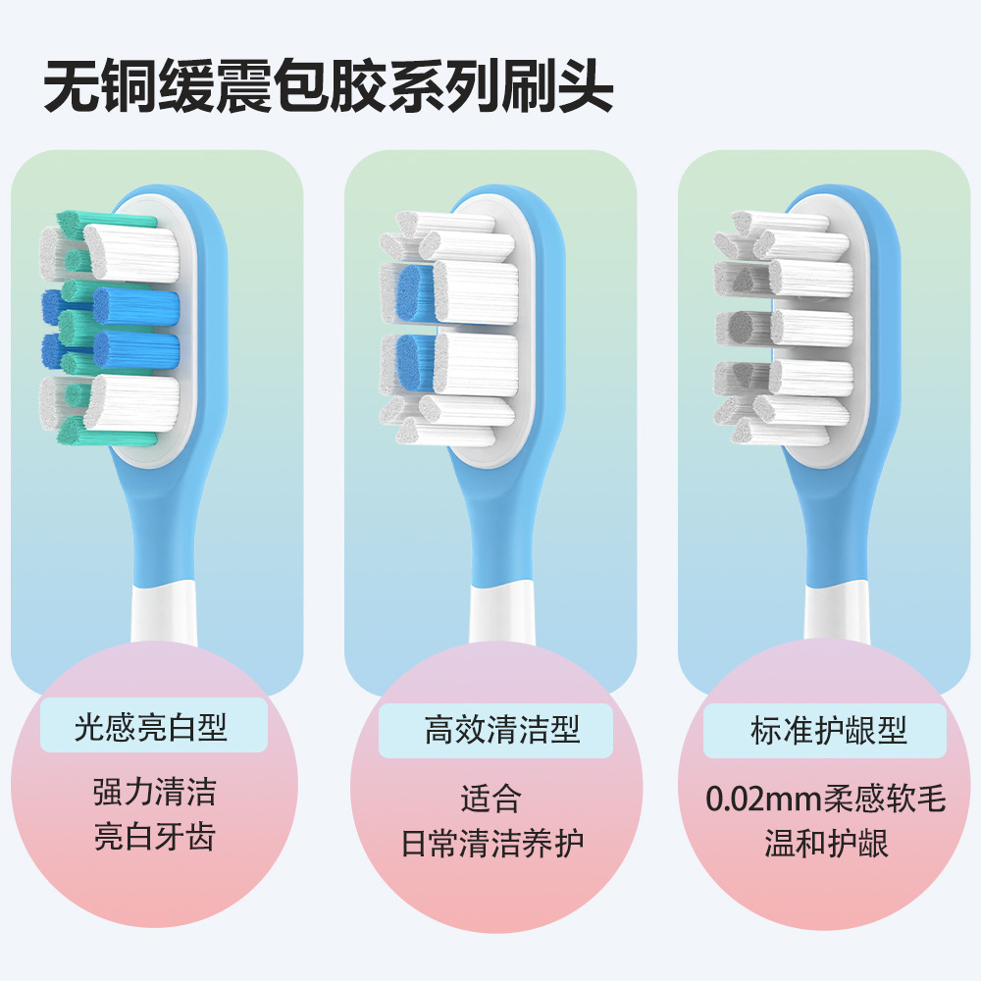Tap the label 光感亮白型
click(151, 727)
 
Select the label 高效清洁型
click(502, 730)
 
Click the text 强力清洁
click(154, 792)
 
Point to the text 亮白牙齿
click(154, 838)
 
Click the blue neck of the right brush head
click(834, 520)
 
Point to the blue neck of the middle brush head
click(500, 520)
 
